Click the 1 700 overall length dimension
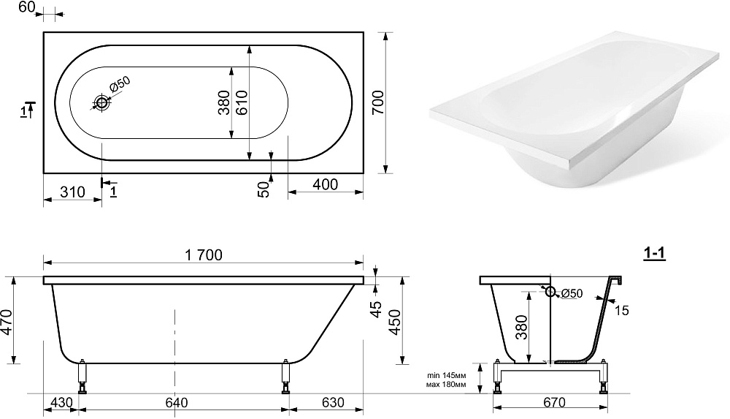204,255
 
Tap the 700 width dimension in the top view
377,102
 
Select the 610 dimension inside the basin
242,102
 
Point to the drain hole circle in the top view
101,102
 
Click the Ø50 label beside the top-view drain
120,86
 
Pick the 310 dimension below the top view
72,192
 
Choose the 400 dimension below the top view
325,184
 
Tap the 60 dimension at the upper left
27,7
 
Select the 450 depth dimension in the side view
395,322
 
